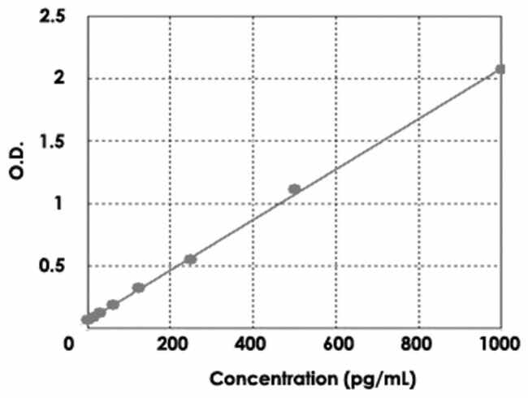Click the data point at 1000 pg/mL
[x=500, y=69]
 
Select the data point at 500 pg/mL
[x=294, y=189]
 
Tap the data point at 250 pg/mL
[x=191, y=259]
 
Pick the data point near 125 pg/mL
[x=139, y=288]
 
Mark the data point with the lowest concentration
[x=87, y=319]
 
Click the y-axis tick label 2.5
[x=54, y=16]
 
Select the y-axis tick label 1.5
[x=54, y=141]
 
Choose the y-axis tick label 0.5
[x=54, y=266]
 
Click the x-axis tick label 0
[x=71, y=344]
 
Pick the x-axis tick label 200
[x=170, y=344]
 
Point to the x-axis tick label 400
[x=253, y=344]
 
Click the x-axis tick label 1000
[x=499, y=344]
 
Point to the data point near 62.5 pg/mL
[x=113, y=305]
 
